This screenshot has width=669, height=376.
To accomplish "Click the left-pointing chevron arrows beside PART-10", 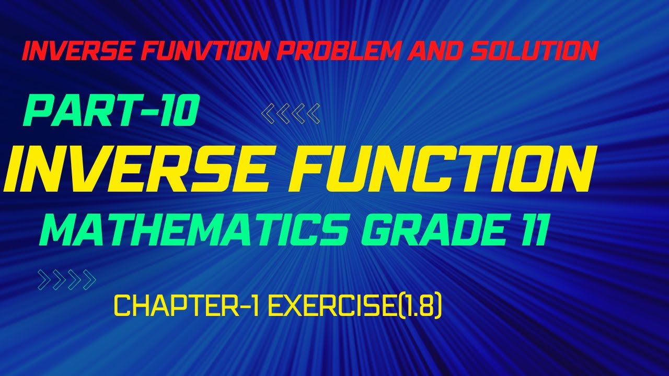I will [291, 114].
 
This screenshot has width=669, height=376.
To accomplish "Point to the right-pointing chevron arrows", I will [67, 280].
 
